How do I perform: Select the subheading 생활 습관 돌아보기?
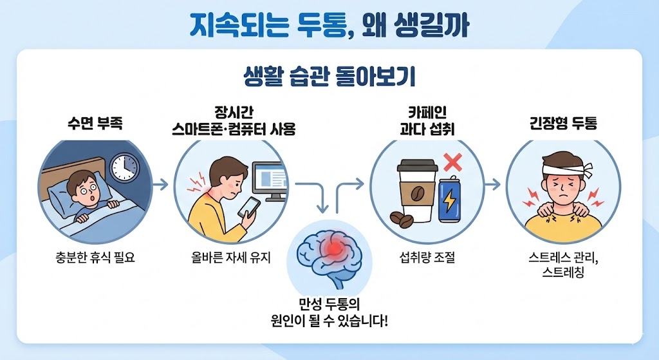click(329, 77)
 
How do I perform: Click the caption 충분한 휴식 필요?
click(96, 259)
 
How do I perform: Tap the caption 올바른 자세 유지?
click(232, 259)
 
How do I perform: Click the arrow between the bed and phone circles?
click(162, 185)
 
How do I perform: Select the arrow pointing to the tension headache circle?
click(493, 185)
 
